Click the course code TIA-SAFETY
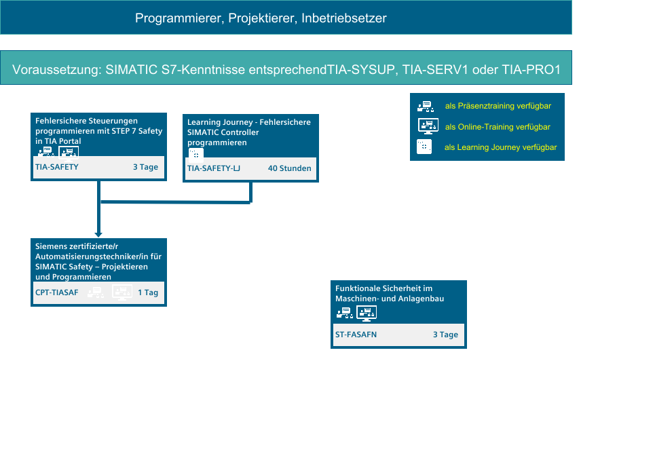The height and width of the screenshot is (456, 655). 57,167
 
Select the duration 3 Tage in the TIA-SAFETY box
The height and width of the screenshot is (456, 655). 145,167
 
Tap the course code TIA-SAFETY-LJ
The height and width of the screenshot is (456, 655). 213,168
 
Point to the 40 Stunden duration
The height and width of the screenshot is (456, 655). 289,168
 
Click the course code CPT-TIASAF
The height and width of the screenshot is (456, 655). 57,292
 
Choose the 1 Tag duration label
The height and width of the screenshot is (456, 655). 148,292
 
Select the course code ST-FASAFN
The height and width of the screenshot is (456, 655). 356,335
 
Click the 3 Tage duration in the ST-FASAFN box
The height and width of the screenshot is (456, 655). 445,335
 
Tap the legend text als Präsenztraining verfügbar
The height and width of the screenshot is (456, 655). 498,106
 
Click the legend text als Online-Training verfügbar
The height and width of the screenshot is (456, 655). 498,127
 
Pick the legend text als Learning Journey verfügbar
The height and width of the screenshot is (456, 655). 500,147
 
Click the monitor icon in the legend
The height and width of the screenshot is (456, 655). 428,126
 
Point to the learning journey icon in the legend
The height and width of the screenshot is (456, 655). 424,147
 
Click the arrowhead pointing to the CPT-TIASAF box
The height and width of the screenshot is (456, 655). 98,235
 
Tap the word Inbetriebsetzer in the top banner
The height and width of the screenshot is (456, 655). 344,18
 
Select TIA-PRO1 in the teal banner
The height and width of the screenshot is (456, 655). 531,70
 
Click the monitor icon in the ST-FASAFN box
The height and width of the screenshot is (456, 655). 367,313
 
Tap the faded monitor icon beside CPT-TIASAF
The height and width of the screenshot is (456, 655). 122,292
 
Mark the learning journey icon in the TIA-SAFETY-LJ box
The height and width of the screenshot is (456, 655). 196,155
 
